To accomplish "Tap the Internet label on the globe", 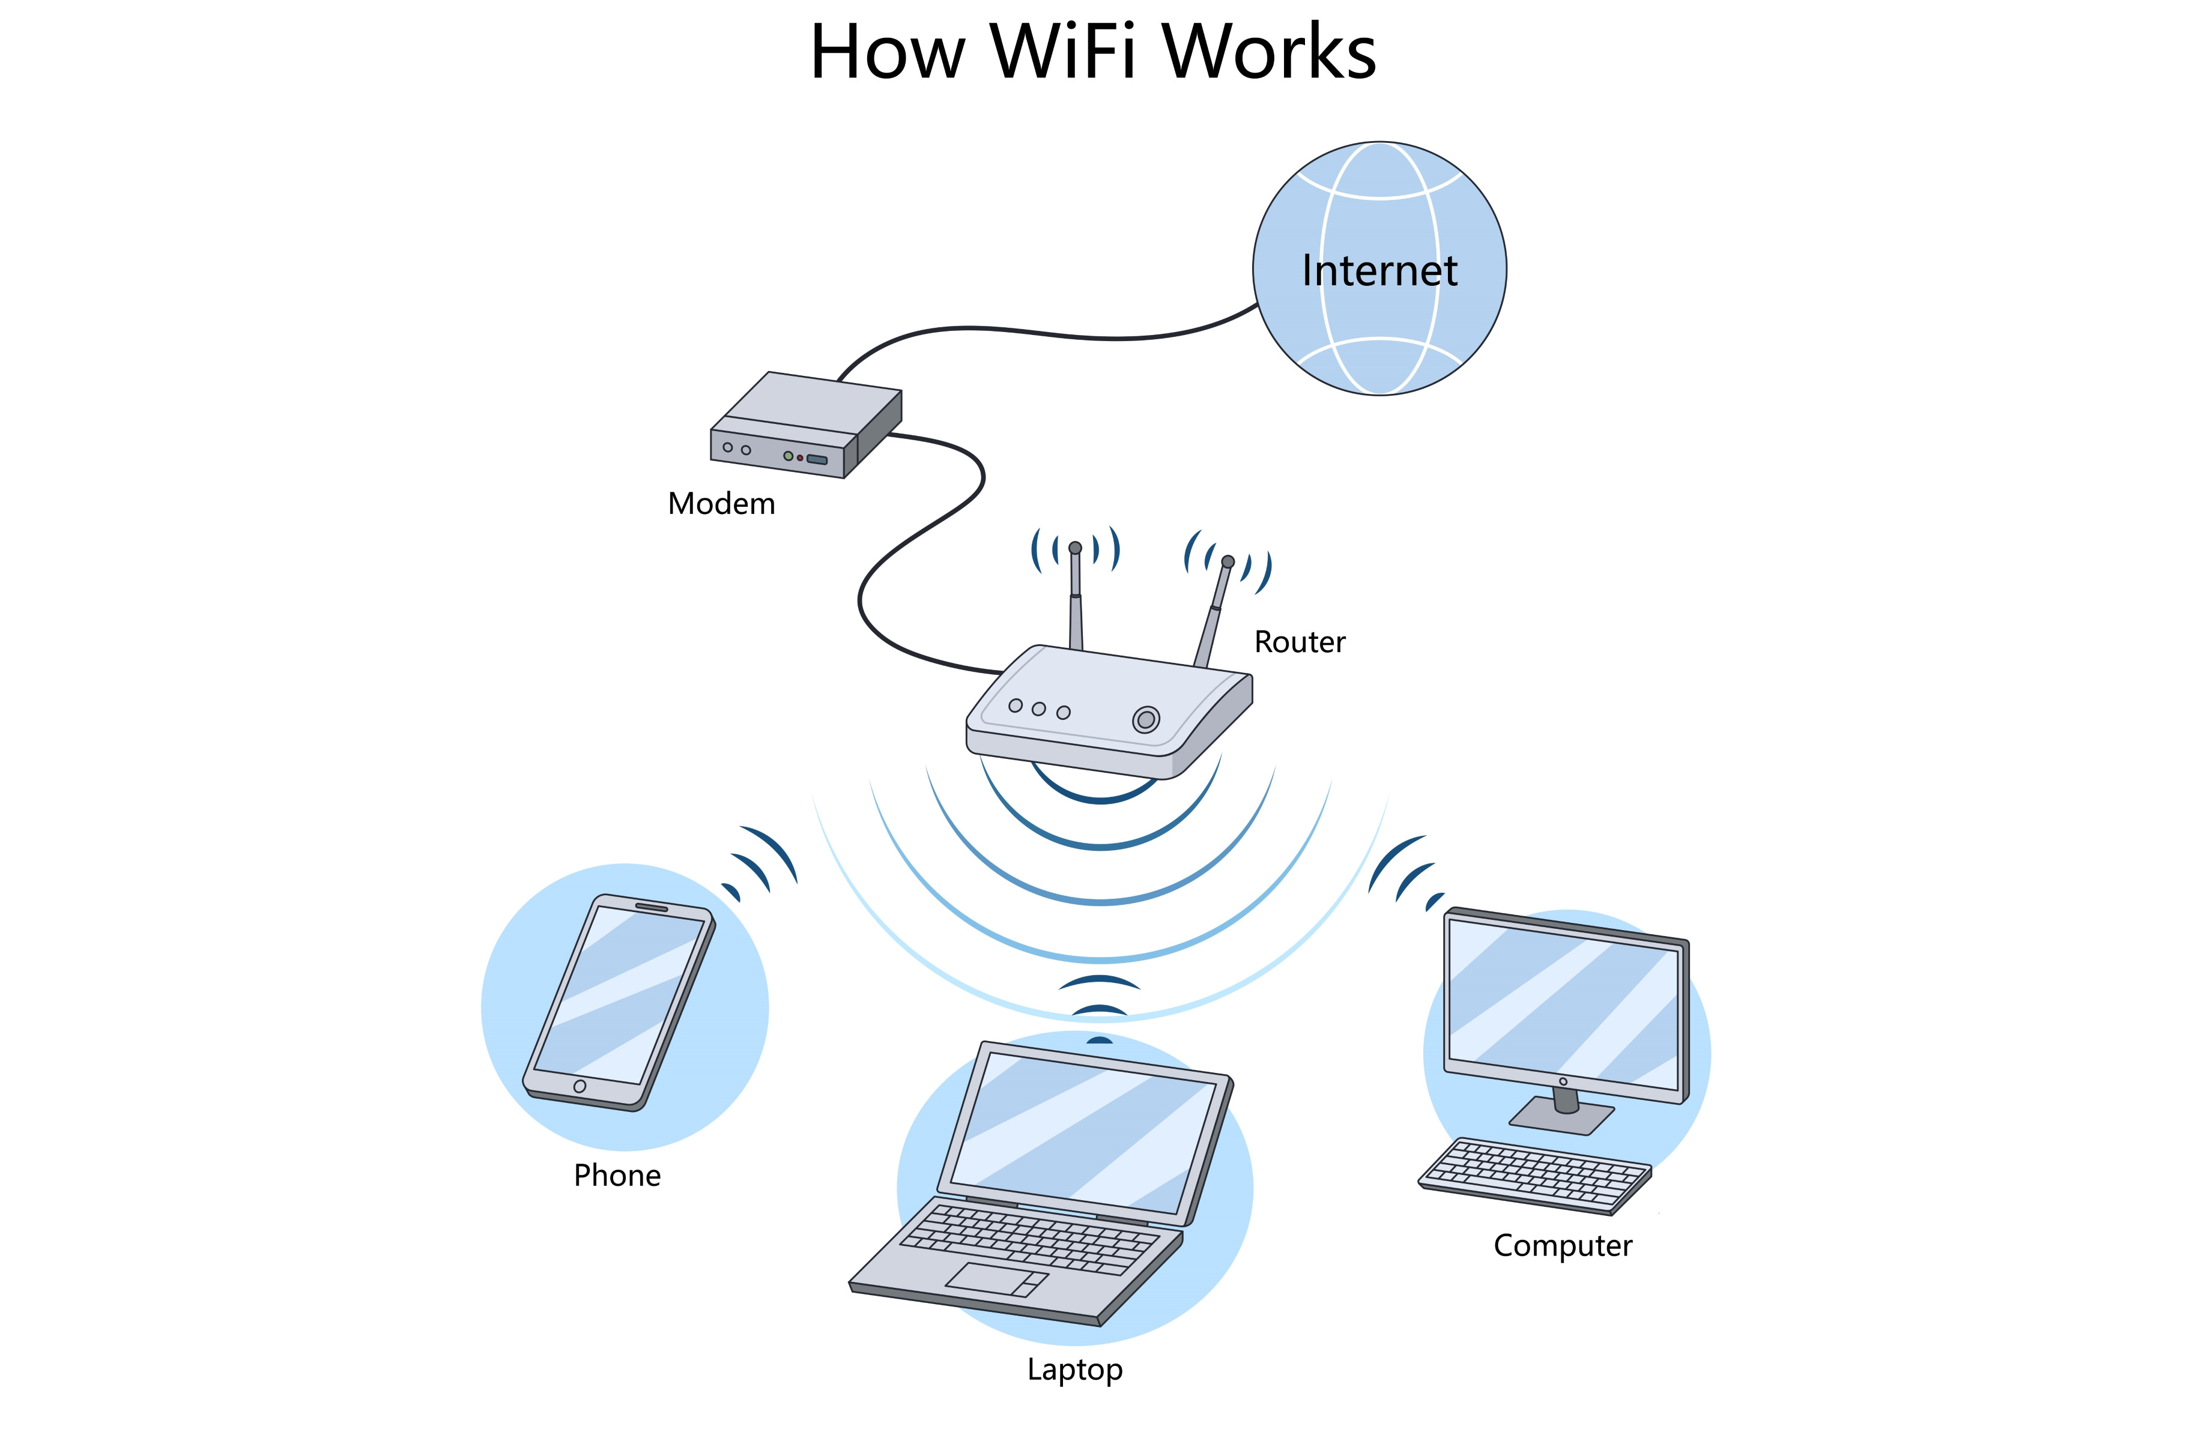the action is click(x=1379, y=270).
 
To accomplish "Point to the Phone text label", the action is click(x=616, y=1175).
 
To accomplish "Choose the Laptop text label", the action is click(x=1074, y=1370).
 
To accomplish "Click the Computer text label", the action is click(x=1562, y=1246).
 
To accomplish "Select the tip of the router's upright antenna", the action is click(x=1075, y=548).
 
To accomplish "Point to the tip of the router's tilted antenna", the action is click(x=1228, y=561).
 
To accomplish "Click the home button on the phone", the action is click(x=580, y=1086).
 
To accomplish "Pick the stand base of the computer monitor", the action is click(x=1561, y=1116).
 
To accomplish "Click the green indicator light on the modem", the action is click(x=787, y=456).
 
